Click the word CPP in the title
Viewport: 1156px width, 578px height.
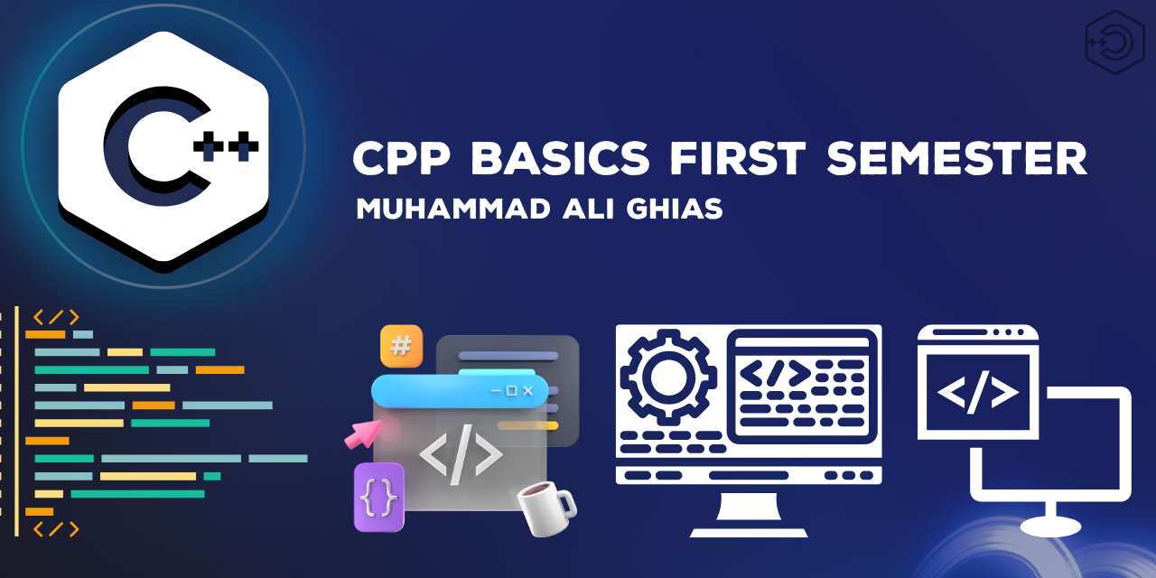point(402,158)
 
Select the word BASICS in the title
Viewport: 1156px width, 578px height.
point(560,158)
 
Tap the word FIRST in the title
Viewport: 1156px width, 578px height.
point(738,158)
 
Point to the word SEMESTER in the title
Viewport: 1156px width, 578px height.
point(957,158)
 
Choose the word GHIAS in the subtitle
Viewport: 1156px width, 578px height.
point(675,209)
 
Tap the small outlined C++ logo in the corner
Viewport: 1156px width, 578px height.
point(1114,42)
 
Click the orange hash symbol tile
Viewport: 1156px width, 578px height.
point(402,345)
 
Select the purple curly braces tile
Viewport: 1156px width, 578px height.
point(379,497)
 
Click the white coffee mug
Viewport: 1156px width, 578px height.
point(547,508)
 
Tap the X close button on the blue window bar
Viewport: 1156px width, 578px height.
point(528,391)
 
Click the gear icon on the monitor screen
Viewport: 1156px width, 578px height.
point(668,378)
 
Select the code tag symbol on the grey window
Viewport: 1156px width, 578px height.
point(461,454)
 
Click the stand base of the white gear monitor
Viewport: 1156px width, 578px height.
point(749,533)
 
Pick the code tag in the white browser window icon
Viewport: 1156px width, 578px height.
point(977,392)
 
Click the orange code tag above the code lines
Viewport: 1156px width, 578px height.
point(56,317)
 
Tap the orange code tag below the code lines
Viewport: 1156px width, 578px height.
point(56,529)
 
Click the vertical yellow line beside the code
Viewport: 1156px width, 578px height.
point(16,421)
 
